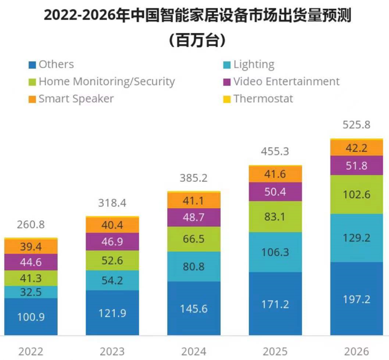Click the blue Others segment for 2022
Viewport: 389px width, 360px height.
[31, 317]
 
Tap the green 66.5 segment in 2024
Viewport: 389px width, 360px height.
[194, 239]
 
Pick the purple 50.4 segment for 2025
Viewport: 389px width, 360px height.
[276, 191]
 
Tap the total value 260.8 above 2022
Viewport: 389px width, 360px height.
[31, 225]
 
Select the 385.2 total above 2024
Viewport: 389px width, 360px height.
[194, 178]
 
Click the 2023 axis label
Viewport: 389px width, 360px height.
[112, 351]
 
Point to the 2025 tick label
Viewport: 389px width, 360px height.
[276, 351]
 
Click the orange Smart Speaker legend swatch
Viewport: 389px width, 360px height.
[32, 99]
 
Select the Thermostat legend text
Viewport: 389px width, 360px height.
[263, 99]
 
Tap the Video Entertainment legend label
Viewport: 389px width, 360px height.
[286, 81]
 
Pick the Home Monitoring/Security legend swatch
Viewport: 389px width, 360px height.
[32, 82]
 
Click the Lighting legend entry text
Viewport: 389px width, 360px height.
[254, 64]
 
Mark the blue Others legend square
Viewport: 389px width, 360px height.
[32, 65]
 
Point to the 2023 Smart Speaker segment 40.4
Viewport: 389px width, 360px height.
[112, 225]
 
